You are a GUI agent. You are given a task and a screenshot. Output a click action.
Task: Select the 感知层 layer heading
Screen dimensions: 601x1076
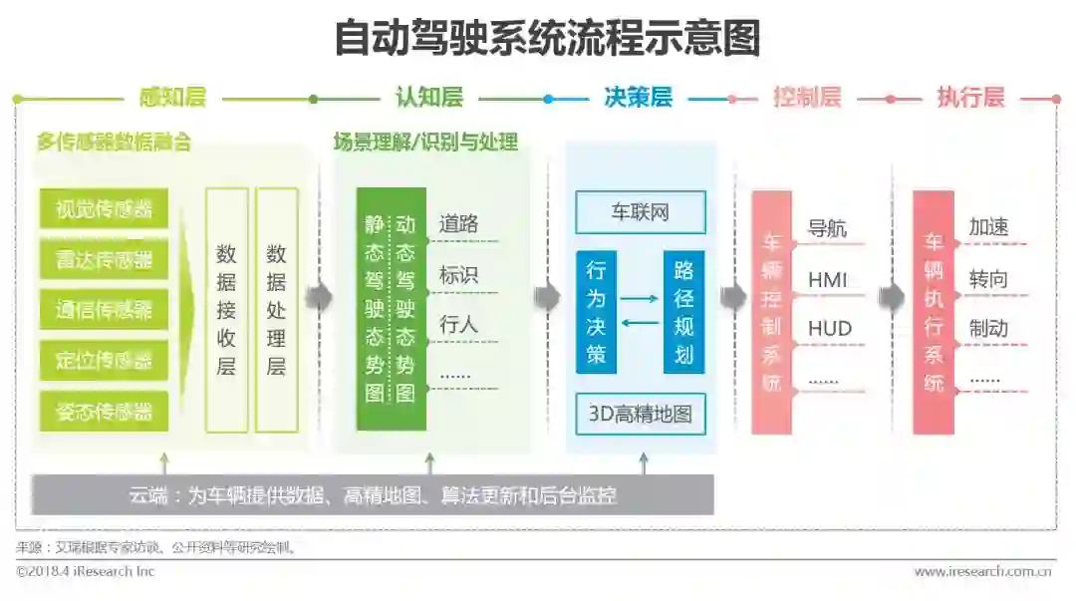pyautogui.click(x=172, y=98)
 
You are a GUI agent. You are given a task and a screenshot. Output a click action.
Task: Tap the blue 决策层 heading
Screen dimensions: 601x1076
pyautogui.click(x=638, y=98)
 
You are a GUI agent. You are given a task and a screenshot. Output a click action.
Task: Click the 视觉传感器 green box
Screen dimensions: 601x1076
pyautogui.click(x=104, y=209)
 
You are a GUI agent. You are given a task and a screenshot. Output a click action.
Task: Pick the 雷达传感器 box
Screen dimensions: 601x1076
pyautogui.click(x=104, y=260)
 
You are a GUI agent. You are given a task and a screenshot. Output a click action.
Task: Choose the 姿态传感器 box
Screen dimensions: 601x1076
pyautogui.click(x=104, y=411)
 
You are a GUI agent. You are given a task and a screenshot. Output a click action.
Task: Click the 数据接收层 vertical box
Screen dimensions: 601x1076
pyautogui.click(x=226, y=310)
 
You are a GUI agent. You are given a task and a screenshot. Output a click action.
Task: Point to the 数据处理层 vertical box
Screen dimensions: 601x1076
pyautogui.click(x=276, y=310)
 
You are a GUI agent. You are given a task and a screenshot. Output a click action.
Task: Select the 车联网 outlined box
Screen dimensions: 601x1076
pyautogui.click(x=640, y=212)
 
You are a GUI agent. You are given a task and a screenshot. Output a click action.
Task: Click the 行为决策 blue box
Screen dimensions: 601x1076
pyautogui.click(x=596, y=312)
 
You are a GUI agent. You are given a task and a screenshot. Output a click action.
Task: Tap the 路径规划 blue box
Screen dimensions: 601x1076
pyautogui.click(x=683, y=312)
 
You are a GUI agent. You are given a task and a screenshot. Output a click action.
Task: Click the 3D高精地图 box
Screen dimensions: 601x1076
pyautogui.click(x=640, y=414)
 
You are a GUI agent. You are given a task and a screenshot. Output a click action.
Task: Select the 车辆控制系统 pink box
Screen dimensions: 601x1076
pyautogui.click(x=771, y=312)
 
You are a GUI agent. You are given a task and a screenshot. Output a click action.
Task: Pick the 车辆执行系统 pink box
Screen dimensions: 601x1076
pyautogui.click(x=933, y=312)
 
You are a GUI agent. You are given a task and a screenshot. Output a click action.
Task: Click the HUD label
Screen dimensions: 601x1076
pyautogui.click(x=829, y=329)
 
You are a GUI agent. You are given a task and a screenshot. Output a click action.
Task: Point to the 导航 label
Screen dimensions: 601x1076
pyautogui.click(x=827, y=228)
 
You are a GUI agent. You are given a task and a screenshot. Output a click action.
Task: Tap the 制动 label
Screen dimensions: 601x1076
pyautogui.click(x=988, y=329)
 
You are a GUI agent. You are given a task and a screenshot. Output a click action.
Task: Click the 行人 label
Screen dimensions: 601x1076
pyautogui.click(x=458, y=324)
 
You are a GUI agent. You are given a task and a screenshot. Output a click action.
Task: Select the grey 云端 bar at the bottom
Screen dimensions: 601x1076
pyautogui.click(x=373, y=494)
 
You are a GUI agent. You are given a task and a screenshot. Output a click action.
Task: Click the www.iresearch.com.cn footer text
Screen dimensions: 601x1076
pyautogui.click(x=984, y=572)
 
